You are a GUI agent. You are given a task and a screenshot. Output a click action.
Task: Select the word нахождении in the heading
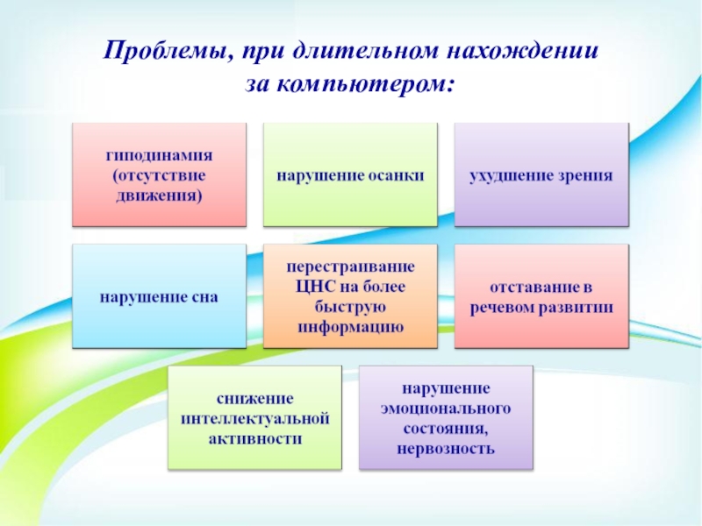point(531,51)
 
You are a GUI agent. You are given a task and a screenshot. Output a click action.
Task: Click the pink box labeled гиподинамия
point(159,174)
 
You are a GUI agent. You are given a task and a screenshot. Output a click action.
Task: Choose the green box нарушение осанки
point(350,174)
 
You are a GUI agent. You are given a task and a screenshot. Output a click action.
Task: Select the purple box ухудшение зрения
point(541,174)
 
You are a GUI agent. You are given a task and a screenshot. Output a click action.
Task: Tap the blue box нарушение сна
point(159,296)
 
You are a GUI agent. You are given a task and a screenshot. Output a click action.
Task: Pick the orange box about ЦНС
point(350,296)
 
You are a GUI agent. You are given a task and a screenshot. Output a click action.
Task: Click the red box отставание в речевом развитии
point(541,296)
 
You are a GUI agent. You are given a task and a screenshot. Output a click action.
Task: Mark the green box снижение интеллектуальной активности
point(254,418)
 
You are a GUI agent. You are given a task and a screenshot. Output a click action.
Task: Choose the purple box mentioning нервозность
point(446,418)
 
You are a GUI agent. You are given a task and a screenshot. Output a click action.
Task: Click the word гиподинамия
point(159,155)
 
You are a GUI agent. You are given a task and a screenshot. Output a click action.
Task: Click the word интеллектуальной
point(254,418)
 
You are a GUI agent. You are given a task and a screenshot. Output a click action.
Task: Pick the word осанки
point(396,175)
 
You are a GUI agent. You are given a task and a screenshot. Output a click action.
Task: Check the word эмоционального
point(446,408)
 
